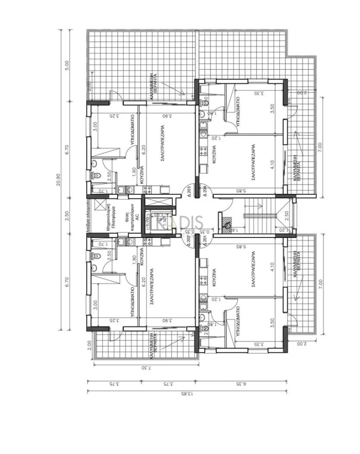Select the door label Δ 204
pyautogui.click(x=204, y=190)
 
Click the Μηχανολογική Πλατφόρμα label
pyautogui.click(x=108, y=216)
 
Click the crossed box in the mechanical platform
pyautogui.click(x=99, y=205)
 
